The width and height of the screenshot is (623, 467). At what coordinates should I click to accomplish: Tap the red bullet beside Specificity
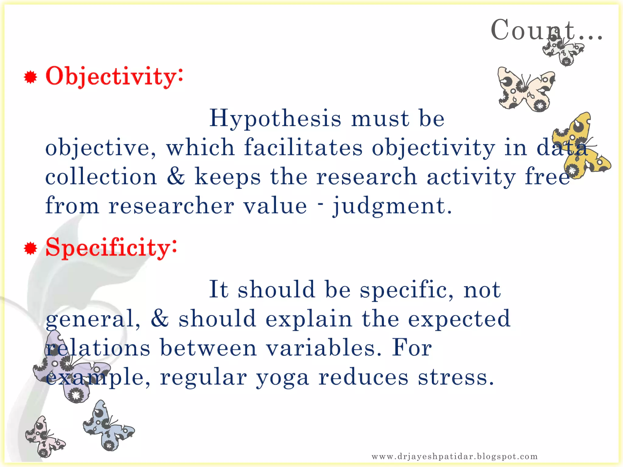coord(30,249)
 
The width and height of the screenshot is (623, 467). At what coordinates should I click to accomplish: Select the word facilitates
coord(303,148)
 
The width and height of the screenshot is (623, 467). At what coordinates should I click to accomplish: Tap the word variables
coord(324,348)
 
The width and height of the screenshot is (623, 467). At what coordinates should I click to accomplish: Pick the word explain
coord(308,319)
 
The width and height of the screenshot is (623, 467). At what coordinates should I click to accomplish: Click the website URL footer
coord(454,456)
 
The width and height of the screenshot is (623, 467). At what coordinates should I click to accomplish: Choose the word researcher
coord(171,206)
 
